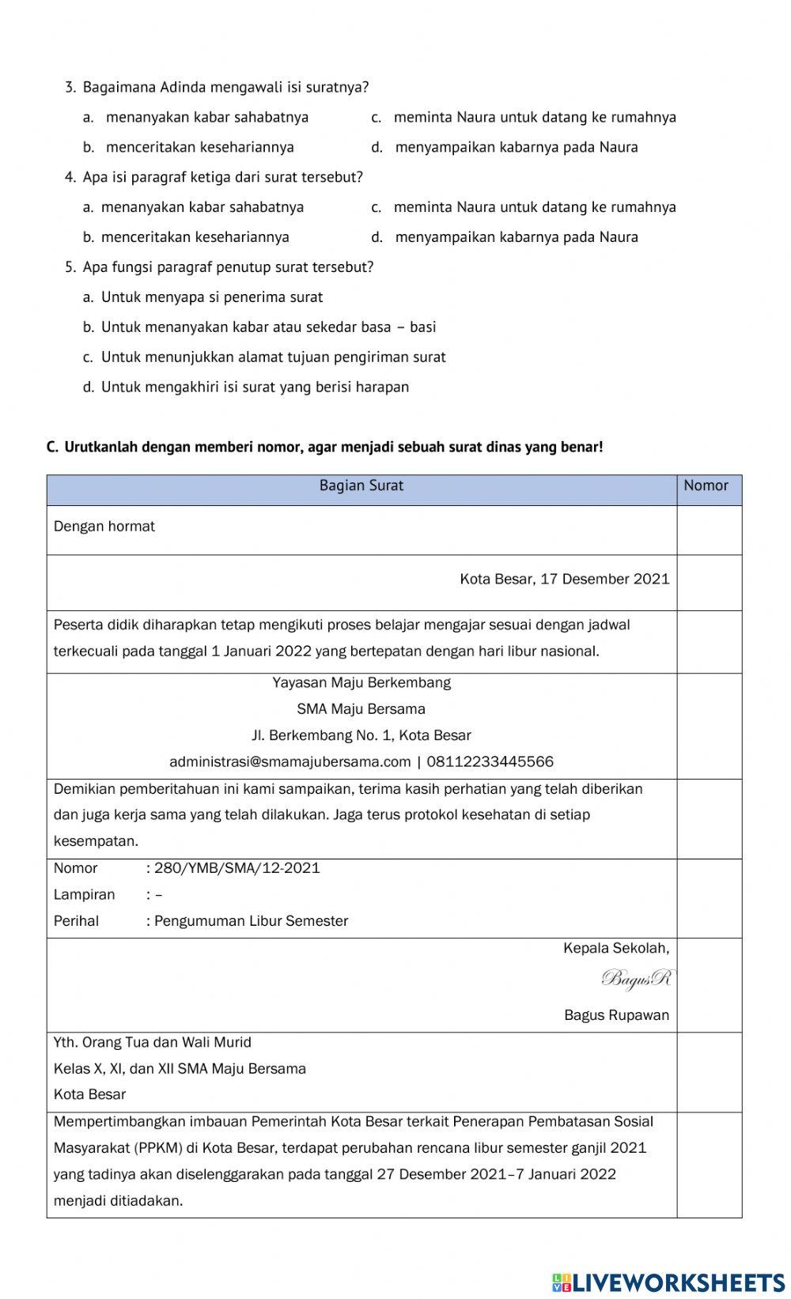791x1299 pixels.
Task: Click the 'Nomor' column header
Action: tap(706, 485)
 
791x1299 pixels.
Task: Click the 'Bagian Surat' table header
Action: tap(361, 485)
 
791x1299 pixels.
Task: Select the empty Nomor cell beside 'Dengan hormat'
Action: tap(709, 529)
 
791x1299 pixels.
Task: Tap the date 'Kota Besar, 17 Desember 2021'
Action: tap(564, 580)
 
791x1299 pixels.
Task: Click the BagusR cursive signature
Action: tap(636, 980)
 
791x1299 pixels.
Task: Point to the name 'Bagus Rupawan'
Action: tap(616, 1015)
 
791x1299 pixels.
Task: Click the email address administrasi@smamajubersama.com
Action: tap(290, 762)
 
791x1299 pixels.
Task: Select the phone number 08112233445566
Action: tap(490, 762)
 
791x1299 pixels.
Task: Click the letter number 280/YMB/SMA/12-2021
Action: tap(237, 868)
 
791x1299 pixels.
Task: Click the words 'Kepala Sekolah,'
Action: tap(615, 948)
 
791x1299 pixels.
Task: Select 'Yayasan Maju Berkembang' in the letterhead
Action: tap(361, 682)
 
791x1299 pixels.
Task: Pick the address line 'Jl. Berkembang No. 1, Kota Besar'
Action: tap(361, 735)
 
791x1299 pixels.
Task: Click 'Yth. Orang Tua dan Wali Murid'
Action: tap(152, 1042)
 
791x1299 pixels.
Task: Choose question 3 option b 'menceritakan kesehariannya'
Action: tap(199, 147)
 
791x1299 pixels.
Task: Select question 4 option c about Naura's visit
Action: tap(534, 207)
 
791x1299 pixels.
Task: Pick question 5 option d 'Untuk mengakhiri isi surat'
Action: tap(254, 387)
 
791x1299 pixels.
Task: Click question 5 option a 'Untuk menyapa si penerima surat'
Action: tap(211, 297)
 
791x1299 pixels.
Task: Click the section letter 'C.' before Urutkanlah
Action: tap(52, 447)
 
